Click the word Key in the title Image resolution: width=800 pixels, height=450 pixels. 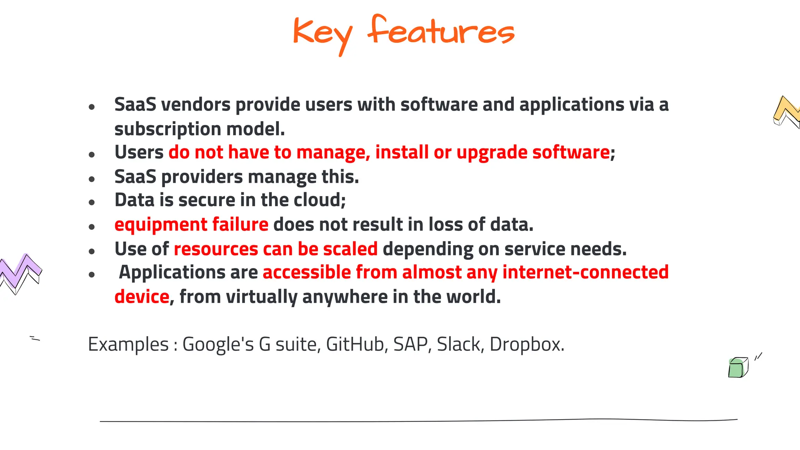tap(322, 33)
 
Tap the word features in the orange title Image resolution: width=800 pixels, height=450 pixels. tap(441, 31)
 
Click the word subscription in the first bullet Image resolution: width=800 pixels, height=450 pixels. tap(168, 129)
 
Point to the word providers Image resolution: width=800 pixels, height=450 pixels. tap(202, 177)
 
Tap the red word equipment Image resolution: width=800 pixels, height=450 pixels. tap(161, 225)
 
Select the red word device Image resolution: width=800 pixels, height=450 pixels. tap(142, 297)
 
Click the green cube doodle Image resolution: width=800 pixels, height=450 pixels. tap(737, 368)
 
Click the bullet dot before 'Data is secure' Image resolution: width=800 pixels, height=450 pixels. tap(92, 202)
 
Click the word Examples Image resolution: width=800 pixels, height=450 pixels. tap(128, 345)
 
